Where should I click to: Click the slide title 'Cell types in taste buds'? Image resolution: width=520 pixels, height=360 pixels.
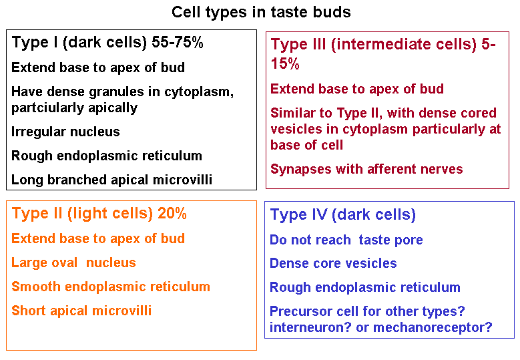(261, 13)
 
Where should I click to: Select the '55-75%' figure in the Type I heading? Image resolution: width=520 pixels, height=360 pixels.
(178, 42)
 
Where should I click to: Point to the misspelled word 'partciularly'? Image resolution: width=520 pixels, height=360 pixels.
(42, 108)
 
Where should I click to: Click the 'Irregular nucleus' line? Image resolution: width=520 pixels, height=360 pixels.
(65, 132)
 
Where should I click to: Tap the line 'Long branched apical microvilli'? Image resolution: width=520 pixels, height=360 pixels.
(111, 180)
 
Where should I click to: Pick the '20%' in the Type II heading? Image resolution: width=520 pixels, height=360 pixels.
(172, 213)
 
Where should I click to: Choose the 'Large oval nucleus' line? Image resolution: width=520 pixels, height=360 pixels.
(73, 262)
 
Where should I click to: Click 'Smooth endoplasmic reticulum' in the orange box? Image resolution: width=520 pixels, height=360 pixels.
(111, 287)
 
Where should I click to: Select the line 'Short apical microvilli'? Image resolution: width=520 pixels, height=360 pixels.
(81, 311)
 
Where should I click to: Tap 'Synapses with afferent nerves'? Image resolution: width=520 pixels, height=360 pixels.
(366, 169)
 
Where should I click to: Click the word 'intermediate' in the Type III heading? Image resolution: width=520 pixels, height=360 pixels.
(404, 44)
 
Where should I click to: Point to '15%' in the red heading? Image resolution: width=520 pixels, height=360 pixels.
(285, 63)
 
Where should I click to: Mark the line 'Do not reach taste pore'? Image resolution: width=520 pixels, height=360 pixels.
(346, 240)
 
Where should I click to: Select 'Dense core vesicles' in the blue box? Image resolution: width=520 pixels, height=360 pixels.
(333, 263)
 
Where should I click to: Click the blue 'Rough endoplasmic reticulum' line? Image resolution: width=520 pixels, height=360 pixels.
(364, 287)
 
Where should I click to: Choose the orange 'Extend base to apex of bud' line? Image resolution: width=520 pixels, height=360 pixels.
(98, 239)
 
